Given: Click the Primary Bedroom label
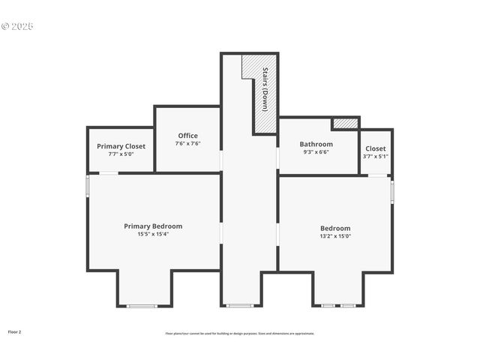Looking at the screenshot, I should coord(153,226).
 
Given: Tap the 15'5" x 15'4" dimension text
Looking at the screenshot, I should coord(153,234).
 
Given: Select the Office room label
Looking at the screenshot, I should coord(187,136).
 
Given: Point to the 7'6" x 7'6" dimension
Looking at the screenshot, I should coord(187,143).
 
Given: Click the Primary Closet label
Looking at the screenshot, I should coord(121,146).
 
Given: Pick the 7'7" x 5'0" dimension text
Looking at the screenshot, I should coord(121,154).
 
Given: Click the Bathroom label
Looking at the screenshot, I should coord(316,144).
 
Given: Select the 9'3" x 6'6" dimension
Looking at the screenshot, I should coord(316,151).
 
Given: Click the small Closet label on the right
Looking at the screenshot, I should coord(376,148).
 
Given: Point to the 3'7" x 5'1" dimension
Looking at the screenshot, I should coord(376,156).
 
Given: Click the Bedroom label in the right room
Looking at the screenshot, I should coord(335,229).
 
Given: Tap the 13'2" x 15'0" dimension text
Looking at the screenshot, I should coord(335,236).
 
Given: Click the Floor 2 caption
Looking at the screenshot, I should coord(15,331).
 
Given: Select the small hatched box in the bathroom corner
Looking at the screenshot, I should coord(345,123).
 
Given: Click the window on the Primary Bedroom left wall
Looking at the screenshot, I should coord(88,185).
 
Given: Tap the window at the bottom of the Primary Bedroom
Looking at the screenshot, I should coord(142,305).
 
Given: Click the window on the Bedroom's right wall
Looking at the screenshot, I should coord(391,191).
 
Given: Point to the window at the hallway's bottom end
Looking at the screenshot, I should coord(240,305).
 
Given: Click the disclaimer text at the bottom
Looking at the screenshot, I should coord(240,333).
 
